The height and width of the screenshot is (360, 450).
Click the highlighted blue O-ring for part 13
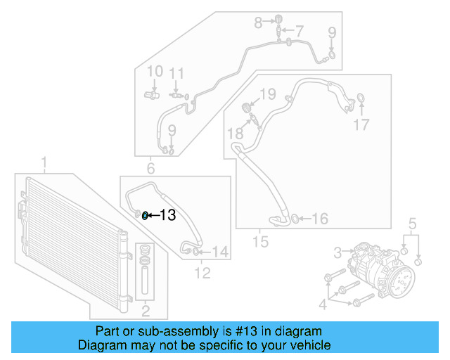[x=145, y=215]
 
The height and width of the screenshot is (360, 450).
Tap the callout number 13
[x=167, y=216]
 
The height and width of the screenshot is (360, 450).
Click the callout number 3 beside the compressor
[x=337, y=252]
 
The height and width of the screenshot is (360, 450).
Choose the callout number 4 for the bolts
[x=323, y=304]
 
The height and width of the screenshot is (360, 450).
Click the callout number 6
[x=150, y=168]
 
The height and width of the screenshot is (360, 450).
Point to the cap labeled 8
[x=278, y=19]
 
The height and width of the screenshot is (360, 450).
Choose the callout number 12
[x=202, y=273]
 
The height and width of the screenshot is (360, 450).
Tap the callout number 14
[x=220, y=251]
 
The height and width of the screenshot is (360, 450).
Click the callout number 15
[x=261, y=242]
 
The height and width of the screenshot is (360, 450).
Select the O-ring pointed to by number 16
[x=295, y=218]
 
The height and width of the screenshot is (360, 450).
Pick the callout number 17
[x=361, y=125]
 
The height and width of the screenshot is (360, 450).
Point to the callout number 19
[x=268, y=94]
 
